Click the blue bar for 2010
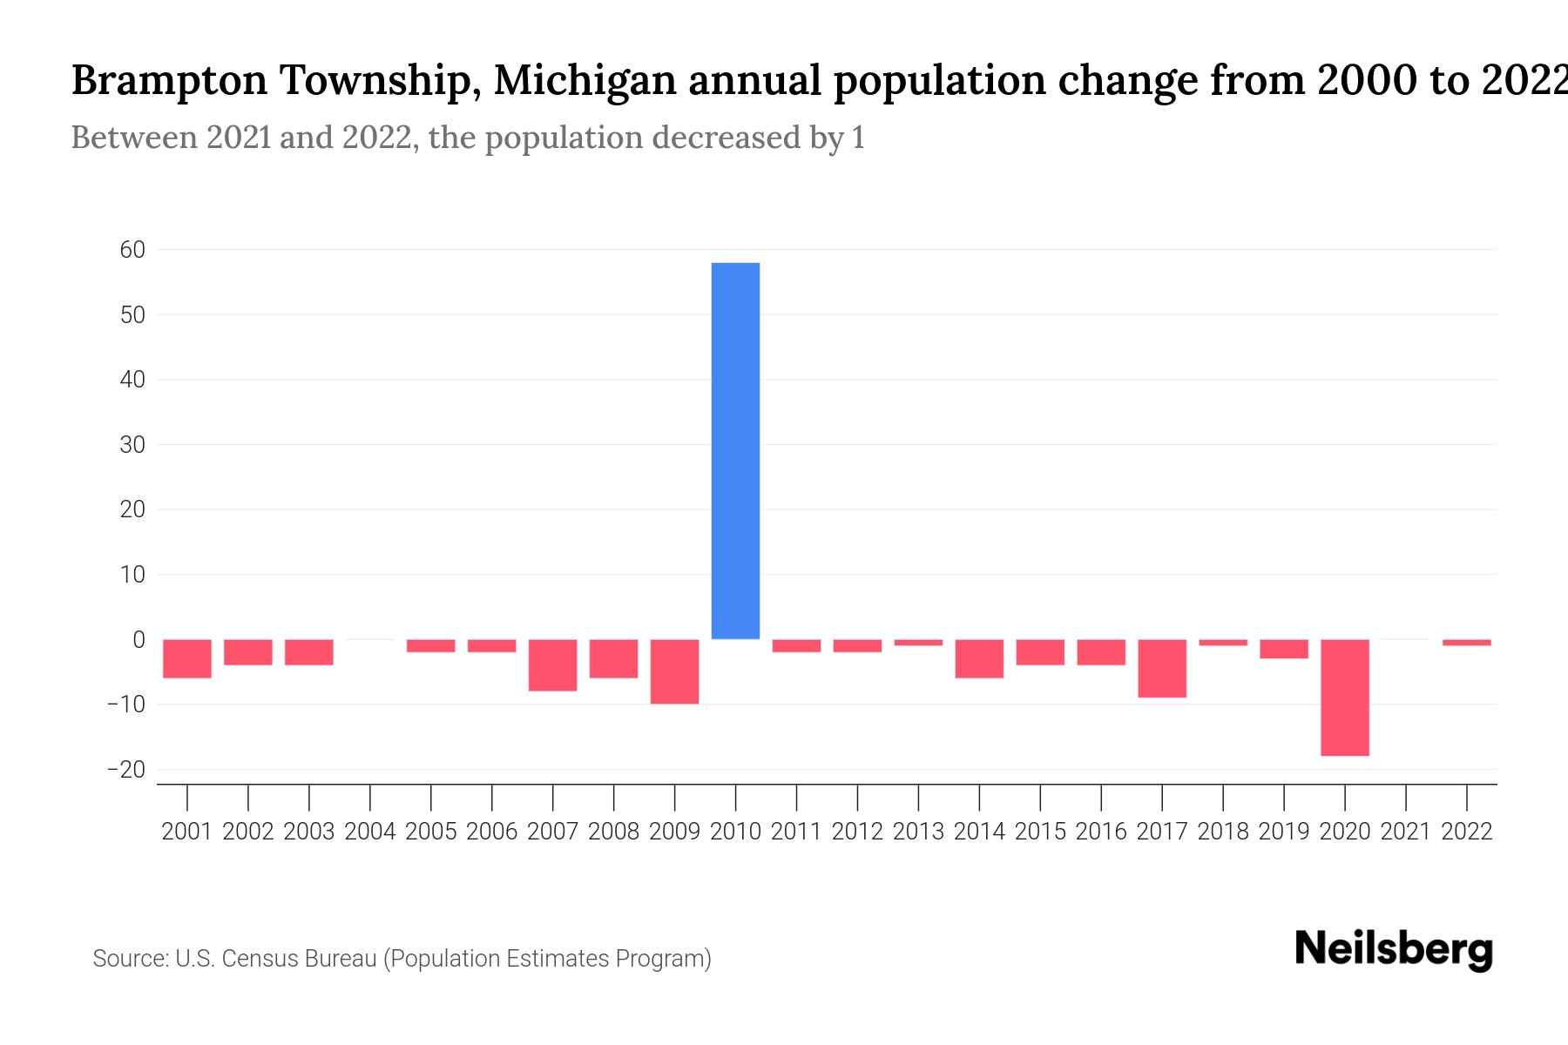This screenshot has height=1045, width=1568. (x=735, y=451)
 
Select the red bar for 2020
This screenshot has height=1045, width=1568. (x=1345, y=697)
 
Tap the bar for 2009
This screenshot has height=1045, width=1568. (x=674, y=671)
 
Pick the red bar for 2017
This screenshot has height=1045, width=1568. (x=1162, y=668)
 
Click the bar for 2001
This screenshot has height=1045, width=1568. (x=187, y=658)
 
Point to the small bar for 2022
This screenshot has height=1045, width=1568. (x=1467, y=643)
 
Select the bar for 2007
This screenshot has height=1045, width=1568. (x=552, y=665)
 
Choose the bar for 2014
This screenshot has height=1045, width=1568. (x=979, y=658)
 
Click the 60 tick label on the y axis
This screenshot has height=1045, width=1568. (x=132, y=250)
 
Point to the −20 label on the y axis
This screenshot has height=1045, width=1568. (x=126, y=770)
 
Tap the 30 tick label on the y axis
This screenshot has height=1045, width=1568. (x=132, y=445)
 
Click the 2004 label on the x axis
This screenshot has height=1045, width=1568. (x=369, y=832)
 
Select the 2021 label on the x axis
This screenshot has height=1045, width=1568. (x=1405, y=832)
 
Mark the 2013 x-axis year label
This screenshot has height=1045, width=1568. (x=918, y=832)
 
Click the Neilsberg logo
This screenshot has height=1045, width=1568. (x=1394, y=949)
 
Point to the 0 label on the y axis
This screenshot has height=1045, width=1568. (x=139, y=640)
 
